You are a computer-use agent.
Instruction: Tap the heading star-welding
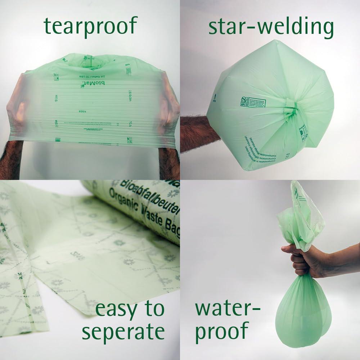click(271, 28)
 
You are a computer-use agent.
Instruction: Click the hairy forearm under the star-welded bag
click(194, 133)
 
